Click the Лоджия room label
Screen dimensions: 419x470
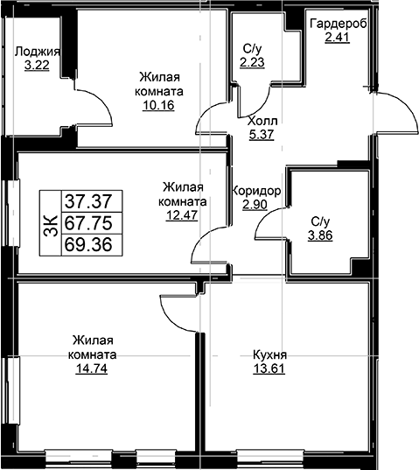[38, 52]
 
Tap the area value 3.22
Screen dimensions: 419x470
[37, 65]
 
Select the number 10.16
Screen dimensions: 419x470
[158, 105]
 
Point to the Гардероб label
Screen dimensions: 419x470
[339, 24]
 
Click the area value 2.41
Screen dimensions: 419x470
[338, 38]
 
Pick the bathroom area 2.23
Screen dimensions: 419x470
[252, 62]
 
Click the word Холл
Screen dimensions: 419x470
[262, 121]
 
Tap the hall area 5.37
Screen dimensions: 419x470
[262, 134]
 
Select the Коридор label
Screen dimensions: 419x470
[256, 191]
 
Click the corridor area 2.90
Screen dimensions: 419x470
[255, 205]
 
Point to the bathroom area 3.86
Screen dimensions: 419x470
[320, 235]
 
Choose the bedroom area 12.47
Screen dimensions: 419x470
[182, 215]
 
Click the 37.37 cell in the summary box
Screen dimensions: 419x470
[88, 201]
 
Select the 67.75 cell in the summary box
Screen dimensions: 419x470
[88, 223]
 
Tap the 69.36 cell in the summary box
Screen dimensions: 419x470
[88, 244]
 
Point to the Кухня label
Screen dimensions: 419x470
[269, 354]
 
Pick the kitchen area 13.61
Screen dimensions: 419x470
[269, 368]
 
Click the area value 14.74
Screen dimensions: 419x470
[91, 368]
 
